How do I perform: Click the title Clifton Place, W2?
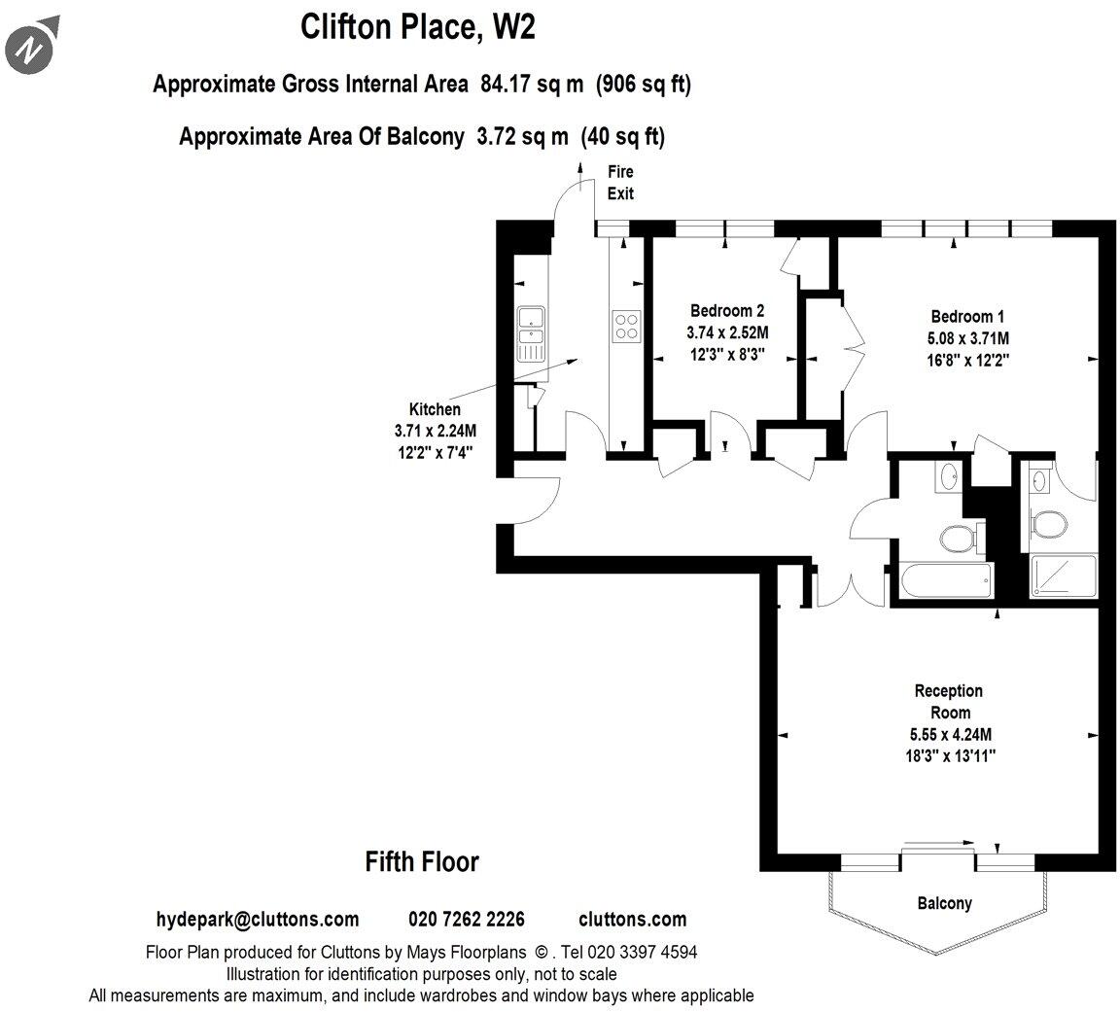point(417,27)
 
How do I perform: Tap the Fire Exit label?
point(620,183)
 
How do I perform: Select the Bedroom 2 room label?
point(727,311)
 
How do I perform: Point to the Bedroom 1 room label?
point(967,316)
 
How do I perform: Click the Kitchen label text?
point(435,409)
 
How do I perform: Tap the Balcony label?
point(944,903)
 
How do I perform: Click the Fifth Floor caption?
point(422,861)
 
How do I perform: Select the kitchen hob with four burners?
point(625,327)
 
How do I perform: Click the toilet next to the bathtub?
point(955,537)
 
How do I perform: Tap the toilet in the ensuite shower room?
point(1049,525)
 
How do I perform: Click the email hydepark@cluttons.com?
point(257,920)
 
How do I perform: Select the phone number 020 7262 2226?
point(467,920)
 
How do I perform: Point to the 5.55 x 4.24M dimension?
point(948,735)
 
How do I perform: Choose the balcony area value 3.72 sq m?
point(522,137)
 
